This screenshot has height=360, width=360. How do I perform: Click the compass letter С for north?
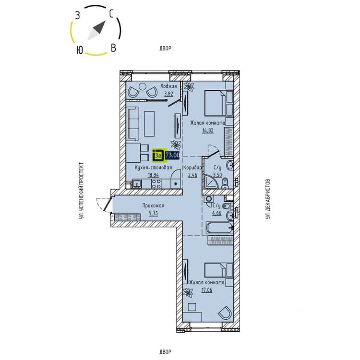(112, 14)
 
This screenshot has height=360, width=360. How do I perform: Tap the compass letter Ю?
(79, 49)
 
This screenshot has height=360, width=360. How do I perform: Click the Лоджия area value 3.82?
(168, 94)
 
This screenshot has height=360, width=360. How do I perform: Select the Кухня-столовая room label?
(154, 168)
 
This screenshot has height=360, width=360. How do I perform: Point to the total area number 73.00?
(172, 155)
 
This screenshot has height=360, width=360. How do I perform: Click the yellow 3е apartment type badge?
(158, 156)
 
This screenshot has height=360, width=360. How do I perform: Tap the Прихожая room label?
(154, 206)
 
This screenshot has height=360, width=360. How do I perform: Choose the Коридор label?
(192, 168)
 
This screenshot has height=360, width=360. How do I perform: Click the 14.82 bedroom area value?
(208, 131)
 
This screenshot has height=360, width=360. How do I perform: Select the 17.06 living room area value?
(207, 290)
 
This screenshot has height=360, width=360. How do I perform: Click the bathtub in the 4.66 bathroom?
(220, 228)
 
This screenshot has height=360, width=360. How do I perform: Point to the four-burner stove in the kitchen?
(156, 184)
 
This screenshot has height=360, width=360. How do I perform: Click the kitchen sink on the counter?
(137, 184)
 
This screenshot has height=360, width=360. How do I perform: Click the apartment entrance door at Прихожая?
(108, 204)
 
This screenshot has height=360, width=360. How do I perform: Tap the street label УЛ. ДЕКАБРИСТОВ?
(268, 199)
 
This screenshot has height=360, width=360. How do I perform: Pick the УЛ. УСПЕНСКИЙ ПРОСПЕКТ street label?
(81, 191)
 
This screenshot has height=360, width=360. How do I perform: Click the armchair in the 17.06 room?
(225, 312)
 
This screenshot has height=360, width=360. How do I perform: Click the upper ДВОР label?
(165, 48)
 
